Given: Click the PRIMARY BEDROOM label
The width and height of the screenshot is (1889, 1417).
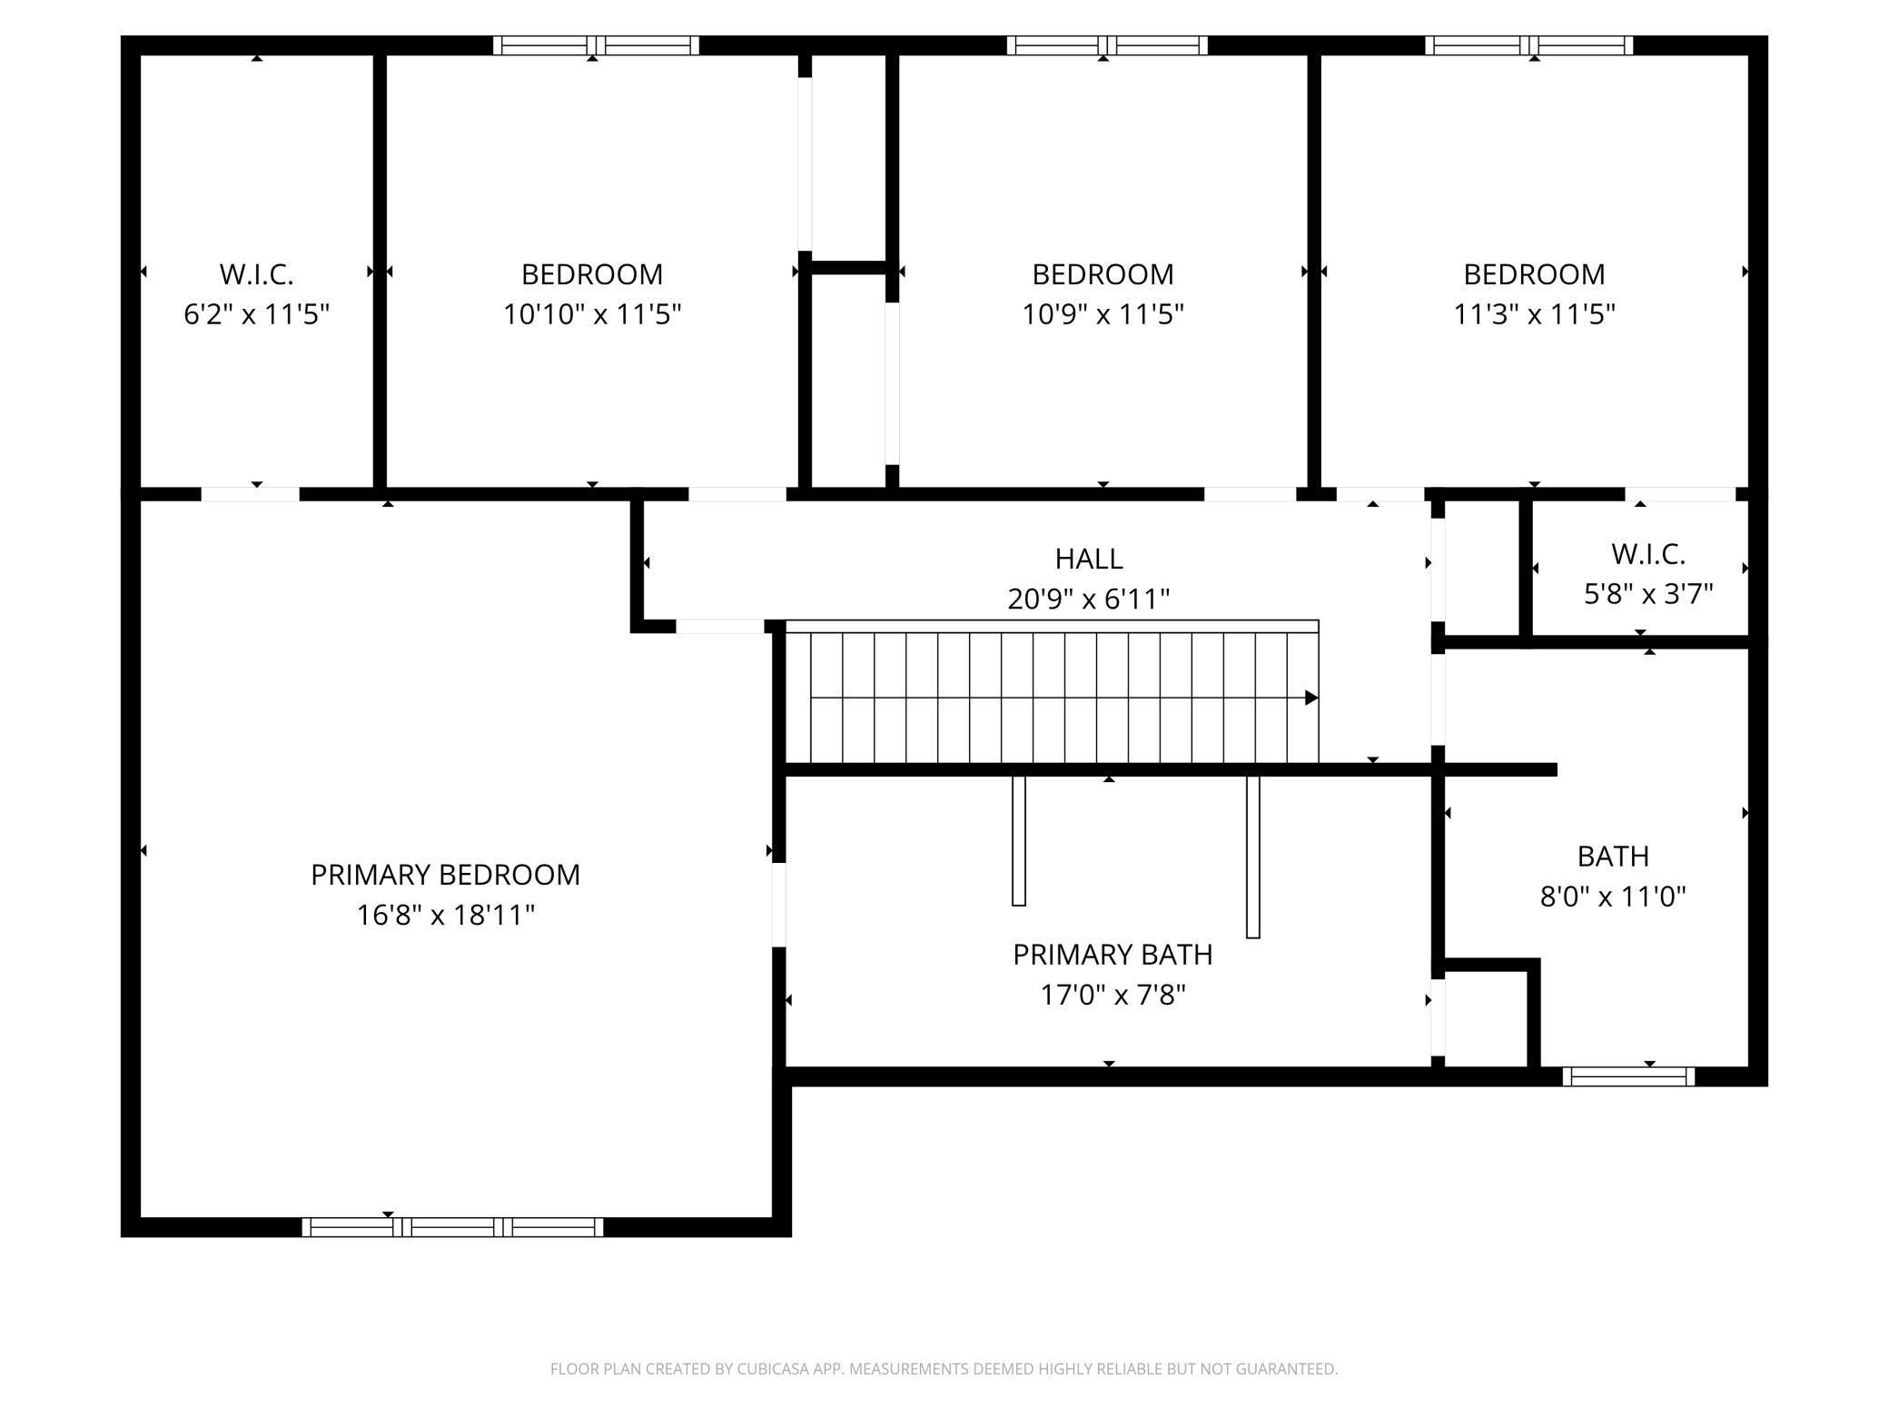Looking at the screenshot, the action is [445, 875].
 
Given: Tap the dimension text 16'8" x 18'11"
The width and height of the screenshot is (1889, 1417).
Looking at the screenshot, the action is [445, 915].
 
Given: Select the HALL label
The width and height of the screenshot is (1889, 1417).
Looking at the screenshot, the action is [1089, 559].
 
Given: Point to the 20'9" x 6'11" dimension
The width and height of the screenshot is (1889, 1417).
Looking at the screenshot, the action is [1089, 599].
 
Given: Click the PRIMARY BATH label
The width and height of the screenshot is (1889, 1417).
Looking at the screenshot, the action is [1113, 955].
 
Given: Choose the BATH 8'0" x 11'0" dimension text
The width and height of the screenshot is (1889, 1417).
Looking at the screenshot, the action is [1613, 897].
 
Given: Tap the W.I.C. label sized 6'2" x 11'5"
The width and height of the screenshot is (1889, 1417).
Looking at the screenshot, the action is [256, 274].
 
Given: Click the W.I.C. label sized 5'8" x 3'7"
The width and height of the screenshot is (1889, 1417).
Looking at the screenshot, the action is [1648, 554].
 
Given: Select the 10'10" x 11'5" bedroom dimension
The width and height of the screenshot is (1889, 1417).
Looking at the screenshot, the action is [592, 314].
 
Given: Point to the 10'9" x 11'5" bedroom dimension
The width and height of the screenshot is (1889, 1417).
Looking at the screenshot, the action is [1103, 314].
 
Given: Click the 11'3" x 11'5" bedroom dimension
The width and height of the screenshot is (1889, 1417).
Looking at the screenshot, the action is [1535, 314].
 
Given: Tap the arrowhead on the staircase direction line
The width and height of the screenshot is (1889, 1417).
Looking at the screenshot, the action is [1311, 698].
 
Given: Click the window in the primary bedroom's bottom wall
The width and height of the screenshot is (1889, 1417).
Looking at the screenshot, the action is [452, 1227].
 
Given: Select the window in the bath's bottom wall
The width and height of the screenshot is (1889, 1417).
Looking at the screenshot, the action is [1628, 1076].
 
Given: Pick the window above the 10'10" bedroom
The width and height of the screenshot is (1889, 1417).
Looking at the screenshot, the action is [596, 45].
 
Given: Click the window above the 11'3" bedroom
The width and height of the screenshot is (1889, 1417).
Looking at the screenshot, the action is [1529, 45].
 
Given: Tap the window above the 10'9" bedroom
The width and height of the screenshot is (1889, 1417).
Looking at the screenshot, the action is [1107, 45].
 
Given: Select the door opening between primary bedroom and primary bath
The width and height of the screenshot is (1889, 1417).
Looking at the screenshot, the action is [778, 904].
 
